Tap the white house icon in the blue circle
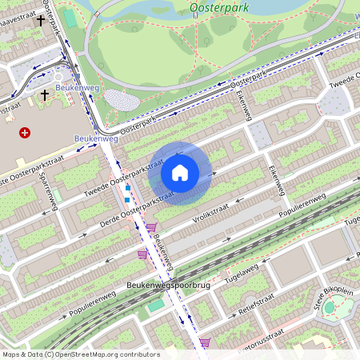click(180, 173)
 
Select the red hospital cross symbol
click(25, 133)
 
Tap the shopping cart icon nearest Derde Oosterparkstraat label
click(150, 228)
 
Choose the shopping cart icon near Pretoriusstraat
click(205, 342)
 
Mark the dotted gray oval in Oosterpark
click(121, 100)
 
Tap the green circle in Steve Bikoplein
click(329, 307)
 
